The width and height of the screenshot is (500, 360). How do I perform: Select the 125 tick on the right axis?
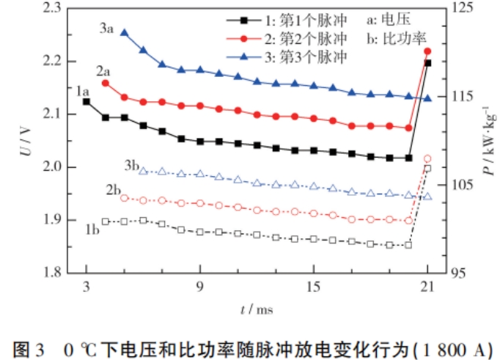[x=457, y=8]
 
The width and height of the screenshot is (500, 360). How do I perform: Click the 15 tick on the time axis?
[x=313, y=287]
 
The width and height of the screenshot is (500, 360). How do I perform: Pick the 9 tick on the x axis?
[x=200, y=287]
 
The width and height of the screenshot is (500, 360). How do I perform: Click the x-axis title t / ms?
[x=257, y=309]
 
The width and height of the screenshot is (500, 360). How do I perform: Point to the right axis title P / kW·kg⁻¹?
[x=483, y=139]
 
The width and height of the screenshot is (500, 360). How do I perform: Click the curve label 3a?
[x=106, y=31]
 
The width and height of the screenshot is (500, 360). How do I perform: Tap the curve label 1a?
[x=82, y=92]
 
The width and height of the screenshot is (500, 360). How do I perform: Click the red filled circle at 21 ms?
[x=428, y=51]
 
